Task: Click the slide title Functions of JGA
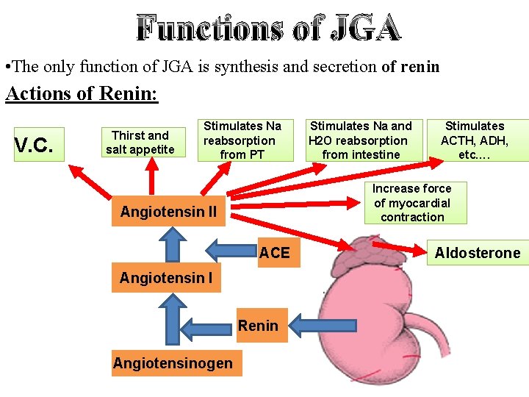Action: (x=269, y=28)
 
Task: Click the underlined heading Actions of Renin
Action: (x=82, y=95)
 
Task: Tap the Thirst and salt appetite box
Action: (x=140, y=143)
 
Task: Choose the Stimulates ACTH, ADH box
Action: (x=474, y=140)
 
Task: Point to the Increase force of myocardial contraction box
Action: (x=411, y=203)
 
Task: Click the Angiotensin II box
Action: (x=168, y=212)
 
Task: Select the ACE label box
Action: (x=275, y=253)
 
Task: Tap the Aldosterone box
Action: (x=477, y=254)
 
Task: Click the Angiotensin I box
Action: (x=166, y=278)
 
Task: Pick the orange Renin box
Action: (x=258, y=326)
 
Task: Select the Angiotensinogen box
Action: (x=173, y=362)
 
